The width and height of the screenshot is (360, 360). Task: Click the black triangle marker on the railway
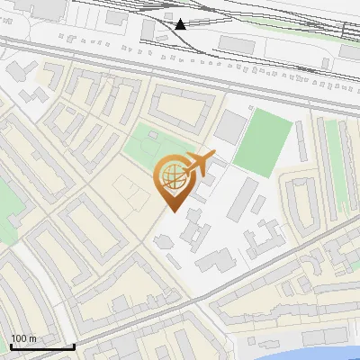click(181, 24)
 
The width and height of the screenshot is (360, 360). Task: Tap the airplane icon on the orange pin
click(198, 164)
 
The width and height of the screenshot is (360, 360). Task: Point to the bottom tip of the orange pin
click(172, 211)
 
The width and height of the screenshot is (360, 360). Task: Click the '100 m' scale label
click(23, 338)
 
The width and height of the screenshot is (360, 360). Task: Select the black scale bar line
click(41, 346)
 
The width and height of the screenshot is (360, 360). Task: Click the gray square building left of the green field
click(229, 128)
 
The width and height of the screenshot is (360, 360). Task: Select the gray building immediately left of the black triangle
click(149, 29)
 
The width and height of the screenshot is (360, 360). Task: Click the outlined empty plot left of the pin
click(131, 192)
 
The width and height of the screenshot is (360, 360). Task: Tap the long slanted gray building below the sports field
click(241, 199)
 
